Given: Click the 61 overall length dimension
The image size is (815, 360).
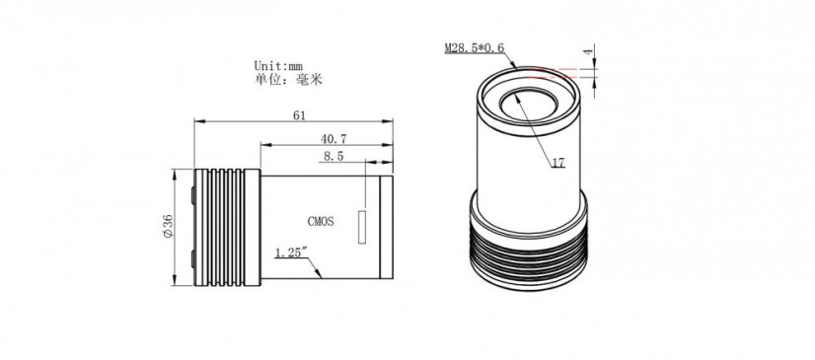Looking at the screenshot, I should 298,114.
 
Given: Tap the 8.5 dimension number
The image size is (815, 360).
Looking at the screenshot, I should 333,156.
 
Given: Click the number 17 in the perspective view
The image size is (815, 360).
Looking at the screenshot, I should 558,164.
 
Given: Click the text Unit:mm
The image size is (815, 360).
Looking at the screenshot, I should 279,64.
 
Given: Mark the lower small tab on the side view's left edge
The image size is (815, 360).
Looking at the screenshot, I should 192,262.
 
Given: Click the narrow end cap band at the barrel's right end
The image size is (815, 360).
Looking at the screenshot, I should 388,226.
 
